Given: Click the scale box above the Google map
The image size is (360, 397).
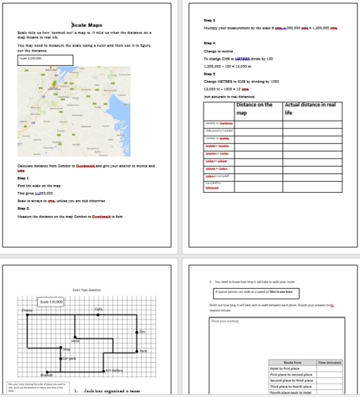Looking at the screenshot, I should (x=45, y=60).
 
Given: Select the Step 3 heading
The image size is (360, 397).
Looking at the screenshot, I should (x=210, y=19).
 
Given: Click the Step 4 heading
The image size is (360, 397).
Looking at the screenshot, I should (x=210, y=43).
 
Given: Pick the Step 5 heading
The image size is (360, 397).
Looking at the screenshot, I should (x=210, y=74).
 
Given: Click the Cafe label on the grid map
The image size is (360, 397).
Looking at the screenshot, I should (x=98, y=309).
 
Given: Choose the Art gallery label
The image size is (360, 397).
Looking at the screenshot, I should (x=115, y=370).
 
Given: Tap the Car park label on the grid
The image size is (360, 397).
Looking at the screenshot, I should (x=69, y=359).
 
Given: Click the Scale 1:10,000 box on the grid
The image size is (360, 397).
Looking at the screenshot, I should (x=51, y=302).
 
